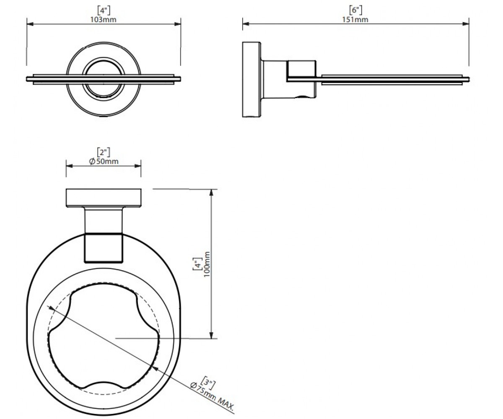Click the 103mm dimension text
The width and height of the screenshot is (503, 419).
[104, 20]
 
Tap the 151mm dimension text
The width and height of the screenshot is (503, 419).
[355, 20]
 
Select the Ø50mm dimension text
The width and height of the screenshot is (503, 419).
[104, 161]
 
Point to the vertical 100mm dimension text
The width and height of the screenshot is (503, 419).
[207, 264]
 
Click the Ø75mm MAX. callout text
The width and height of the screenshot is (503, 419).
[212, 397]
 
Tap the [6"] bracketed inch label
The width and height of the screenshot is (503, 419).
[355, 10]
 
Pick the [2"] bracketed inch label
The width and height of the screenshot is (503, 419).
[104, 152]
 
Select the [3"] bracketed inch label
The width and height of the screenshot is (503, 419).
[209, 383]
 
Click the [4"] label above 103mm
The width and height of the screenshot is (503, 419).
[104, 10]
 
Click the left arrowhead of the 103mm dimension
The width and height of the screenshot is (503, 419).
[30, 24]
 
